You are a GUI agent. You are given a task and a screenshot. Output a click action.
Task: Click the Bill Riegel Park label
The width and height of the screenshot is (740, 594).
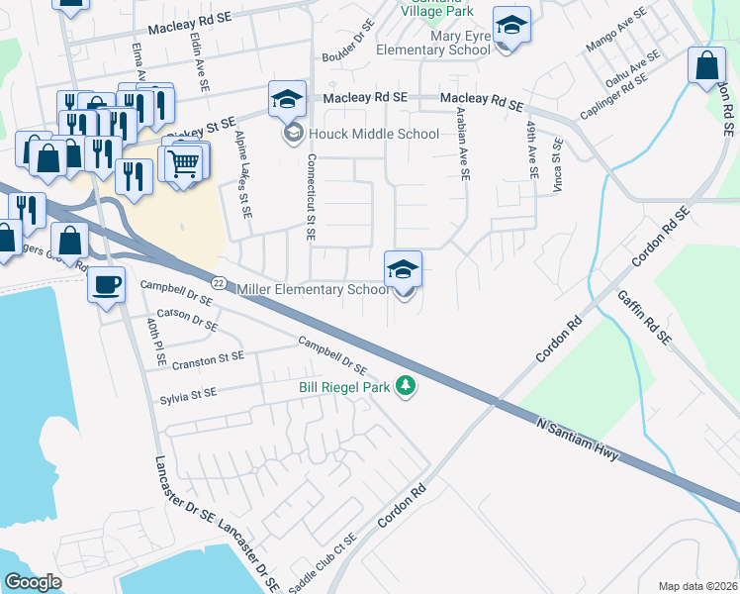click(344, 388)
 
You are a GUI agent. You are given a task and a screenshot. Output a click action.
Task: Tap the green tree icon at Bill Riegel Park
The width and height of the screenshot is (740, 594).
click(405, 386)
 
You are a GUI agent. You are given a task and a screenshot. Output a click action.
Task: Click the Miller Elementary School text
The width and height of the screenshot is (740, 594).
click(314, 290)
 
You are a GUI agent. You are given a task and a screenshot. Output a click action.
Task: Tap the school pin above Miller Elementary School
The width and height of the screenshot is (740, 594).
click(403, 269)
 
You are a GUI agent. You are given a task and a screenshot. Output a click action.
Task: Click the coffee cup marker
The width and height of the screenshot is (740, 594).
click(106, 286)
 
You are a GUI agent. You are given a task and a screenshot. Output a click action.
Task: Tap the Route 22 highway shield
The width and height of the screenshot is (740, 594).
click(220, 282)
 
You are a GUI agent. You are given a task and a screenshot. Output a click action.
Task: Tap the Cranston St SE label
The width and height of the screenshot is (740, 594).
click(207, 359)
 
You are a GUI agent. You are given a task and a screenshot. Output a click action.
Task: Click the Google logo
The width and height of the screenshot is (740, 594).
click(34, 582)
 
